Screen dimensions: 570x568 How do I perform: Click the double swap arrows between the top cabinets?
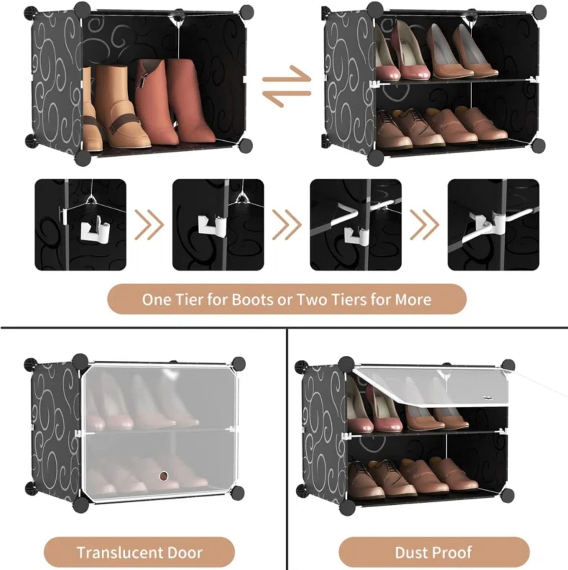(x=287, y=86)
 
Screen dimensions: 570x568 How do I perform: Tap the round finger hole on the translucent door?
(x=163, y=476)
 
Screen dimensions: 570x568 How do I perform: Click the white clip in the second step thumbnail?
(x=211, y=226)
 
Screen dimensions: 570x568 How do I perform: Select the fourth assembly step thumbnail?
(x=493, y=225)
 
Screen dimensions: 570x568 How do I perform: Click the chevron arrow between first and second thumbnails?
(x=149, y=225)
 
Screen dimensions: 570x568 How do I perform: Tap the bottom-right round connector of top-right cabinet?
(x=538, y=145)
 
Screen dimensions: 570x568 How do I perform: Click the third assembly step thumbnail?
(x=356, y=225)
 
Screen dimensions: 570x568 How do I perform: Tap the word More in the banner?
(x=413, y=300)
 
